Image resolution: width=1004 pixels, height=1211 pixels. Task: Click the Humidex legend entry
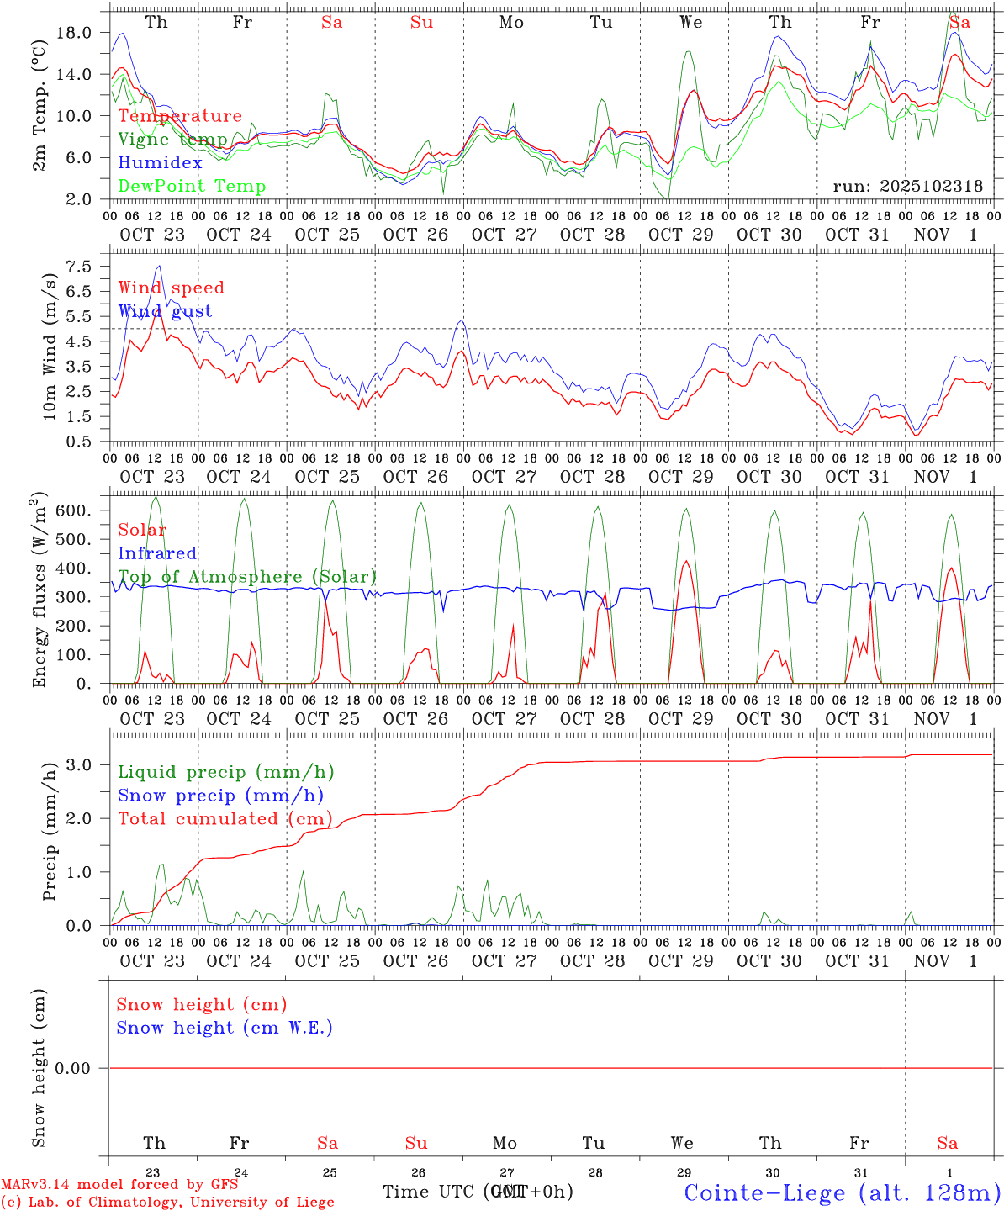[160, 163]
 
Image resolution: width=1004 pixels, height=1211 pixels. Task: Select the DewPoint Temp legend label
[192, 187]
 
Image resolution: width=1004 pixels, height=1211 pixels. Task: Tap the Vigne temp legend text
[172, 140]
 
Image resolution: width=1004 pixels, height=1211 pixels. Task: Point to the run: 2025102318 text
[907, 187]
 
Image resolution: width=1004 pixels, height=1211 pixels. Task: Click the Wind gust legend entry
[165, 311]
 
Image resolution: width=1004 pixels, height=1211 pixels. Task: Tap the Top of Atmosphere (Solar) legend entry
[247, 577]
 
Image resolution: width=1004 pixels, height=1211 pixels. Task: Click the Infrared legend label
[157, 553]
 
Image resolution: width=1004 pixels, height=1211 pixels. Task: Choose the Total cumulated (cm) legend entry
[225, 819]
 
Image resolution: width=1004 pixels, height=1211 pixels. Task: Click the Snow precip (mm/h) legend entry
[220, 796]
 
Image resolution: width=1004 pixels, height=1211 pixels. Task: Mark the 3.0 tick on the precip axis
[78, 764]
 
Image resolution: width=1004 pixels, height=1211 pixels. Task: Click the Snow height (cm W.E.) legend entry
[225, 1028]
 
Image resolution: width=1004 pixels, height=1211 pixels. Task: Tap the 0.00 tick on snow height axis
[72, 1068]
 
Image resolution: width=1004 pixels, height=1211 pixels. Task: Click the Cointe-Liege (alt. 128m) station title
[842, 1192]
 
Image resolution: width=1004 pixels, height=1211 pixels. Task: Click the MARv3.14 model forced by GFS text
[119, 1185]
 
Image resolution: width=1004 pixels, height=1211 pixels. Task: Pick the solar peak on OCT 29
[686, 561]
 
